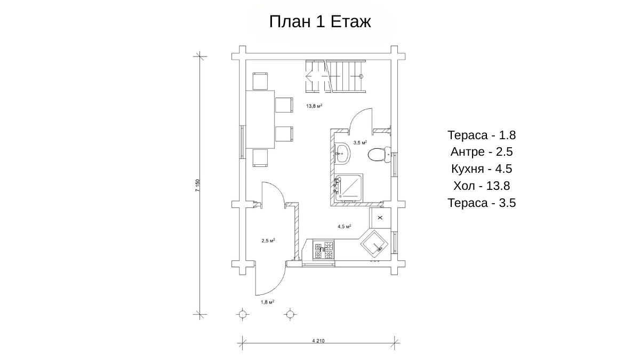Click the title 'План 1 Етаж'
click(320, 22)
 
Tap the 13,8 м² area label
click(314, 106)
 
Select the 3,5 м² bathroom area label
click(360, 142)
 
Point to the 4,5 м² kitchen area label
click(345, 227)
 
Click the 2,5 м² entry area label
click(268, 241)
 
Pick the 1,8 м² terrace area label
click(267, 302)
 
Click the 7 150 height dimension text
click(197, 186)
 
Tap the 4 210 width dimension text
click(318, 341)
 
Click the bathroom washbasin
click(342, 154)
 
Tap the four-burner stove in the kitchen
click(323, 250)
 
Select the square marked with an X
click(380, 218)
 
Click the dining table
click(260, 119)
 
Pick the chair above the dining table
click(260, 81)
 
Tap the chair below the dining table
click(260, 158)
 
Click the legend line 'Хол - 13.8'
click(482, 186)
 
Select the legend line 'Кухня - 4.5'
click(482, 169)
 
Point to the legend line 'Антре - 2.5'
click(482, 151)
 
